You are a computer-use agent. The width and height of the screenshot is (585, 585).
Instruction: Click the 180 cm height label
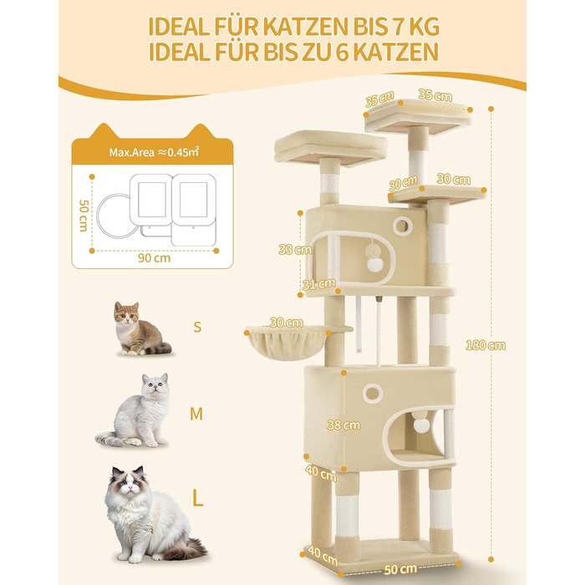pyautogui.click(x=486, y=345)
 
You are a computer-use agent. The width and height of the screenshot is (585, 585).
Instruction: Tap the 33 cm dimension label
pyautogui.click(x=295, y=249)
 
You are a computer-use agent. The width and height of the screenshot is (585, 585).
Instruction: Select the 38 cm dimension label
pyautogui.click(x=343, y=425)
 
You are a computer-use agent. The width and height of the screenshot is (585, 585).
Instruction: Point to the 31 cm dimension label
pyautogui.click(x=318, y=284)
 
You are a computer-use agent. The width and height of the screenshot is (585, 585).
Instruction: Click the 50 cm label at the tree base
pyautogui.click(x=400, y=569)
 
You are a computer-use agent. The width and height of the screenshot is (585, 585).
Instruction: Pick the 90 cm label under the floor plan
pyautogui.click(x=154, y=257)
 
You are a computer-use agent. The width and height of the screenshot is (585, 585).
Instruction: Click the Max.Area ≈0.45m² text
pyautogui.click(x=154, y=152)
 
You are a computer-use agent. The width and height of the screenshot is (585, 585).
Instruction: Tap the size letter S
pyautogui.click(x=197, y=327)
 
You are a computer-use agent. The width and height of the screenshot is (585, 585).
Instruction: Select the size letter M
pyautogui.click(x=196, y=414)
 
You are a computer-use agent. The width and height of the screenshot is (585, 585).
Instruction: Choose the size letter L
pyautogui.click(x=197, y=497)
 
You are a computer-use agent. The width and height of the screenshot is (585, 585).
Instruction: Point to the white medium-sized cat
pyautogui.click(x=136, y=411)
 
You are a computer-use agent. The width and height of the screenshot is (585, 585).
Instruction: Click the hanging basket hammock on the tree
pyautogui.click(x=287, y=341)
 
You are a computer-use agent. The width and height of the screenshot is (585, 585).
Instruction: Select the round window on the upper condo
pyautogui.click(x=402, y=226)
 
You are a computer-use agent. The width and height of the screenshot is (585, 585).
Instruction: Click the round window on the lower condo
pyautogui.click(x=373, y=393)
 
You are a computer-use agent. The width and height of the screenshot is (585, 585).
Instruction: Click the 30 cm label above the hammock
pyautogui.click(x=286, y=323)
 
